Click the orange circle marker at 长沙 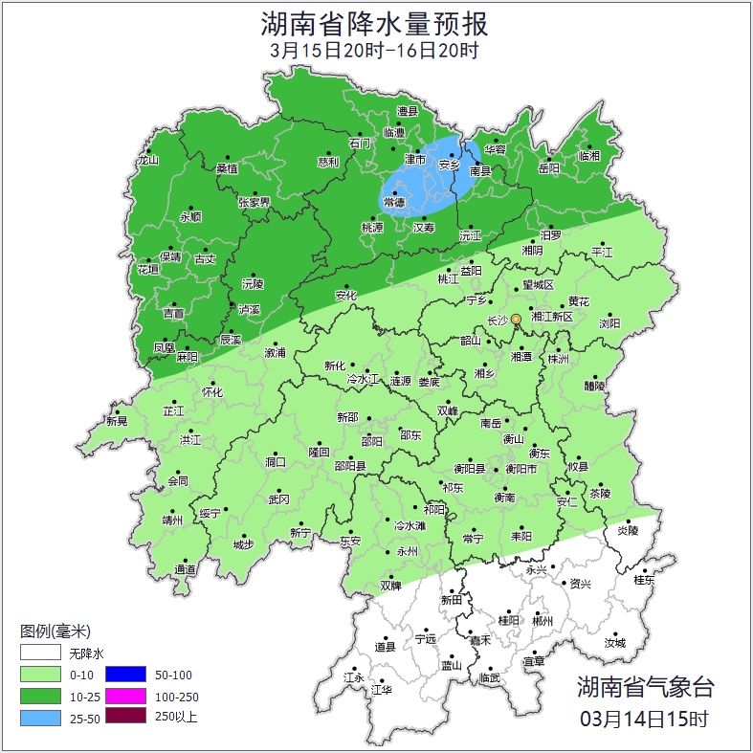516,319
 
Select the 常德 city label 393,203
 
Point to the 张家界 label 255,203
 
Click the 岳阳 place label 548,169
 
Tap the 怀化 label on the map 211,392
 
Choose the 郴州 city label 543,621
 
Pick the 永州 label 408,552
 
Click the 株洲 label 558,359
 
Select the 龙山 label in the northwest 147,161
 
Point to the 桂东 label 645,580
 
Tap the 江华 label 381,689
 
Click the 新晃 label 117,420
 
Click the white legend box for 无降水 40,653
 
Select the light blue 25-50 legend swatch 40,716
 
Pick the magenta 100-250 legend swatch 124,695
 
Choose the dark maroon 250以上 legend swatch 124,716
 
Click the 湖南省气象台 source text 645,686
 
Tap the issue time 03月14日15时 645,719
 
